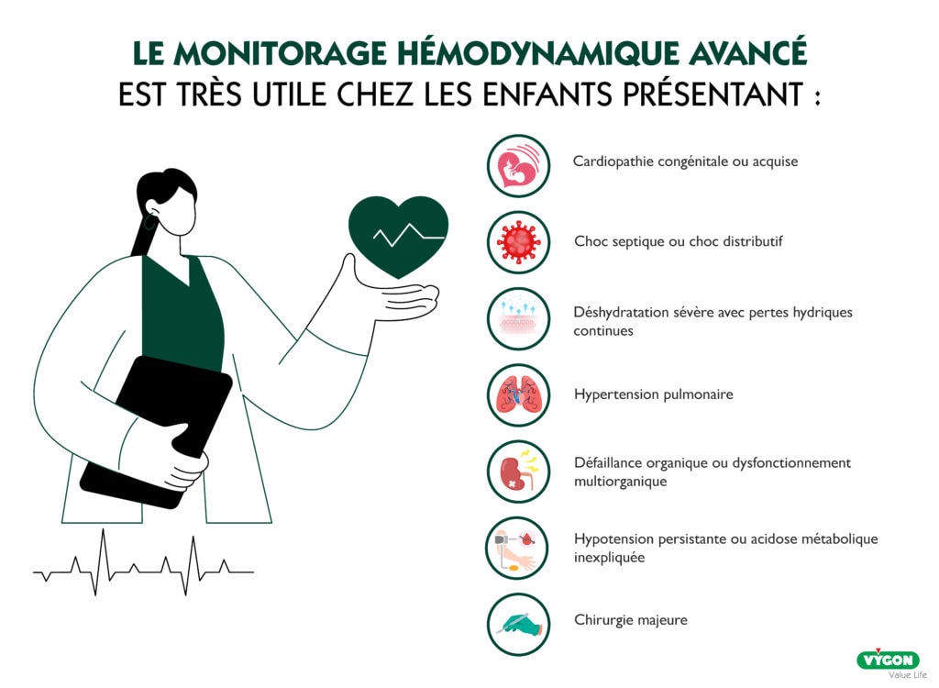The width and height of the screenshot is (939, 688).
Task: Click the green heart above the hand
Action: pyautogui.click(x=398, y=236)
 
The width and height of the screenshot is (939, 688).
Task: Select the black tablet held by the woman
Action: pyautogui.click(x=156, y=431)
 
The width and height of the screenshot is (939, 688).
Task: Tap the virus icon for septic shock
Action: pyautogui.click(x=519, y=242)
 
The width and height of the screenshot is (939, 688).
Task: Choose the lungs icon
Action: pyautogui.click(x=519, y=395)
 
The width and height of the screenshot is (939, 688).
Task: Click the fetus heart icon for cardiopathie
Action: pyautogui.click(x=519, y=166)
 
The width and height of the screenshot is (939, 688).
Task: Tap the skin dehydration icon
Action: pyautogui.click(x=519, y=319)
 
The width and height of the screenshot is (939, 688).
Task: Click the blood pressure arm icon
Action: pyautogui.click(x=517, y=549)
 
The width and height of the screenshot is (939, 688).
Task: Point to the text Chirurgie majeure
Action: pyautogui.click(x=631, y=620)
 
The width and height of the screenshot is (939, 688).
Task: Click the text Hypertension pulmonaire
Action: pyautogui.click(x=653, y=394)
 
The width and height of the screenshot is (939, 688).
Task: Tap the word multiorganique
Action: pyautogui.click(x=621, y=482)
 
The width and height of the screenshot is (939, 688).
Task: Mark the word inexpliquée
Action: pyautogui.click(x=610, y=558)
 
